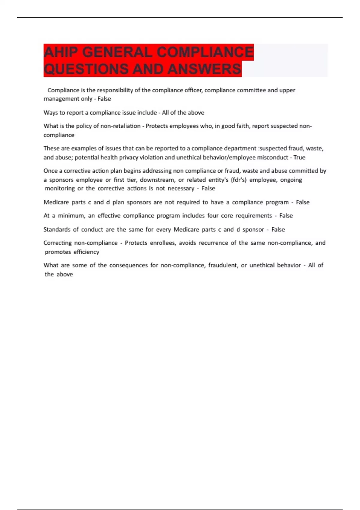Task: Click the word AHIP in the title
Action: point(61,52)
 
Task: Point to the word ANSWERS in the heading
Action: point(204,69)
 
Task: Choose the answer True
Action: point(299,157)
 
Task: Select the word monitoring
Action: point(60,188)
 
